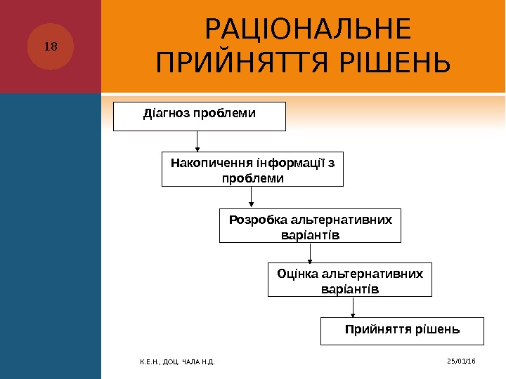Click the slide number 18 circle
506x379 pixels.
point(51,47)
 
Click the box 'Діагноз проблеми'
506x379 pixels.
point(200,117)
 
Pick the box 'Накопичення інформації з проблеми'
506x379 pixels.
point(252,170)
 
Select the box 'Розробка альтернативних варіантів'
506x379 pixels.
point(310,225)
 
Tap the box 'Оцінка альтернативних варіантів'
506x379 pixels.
point(350,280)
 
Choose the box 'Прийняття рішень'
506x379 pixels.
point(402,331)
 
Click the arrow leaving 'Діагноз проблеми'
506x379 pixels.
point(198,141)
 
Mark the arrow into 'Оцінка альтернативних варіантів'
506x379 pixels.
point(302,253)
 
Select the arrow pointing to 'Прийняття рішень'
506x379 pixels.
point(353,307)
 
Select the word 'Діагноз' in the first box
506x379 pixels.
point(163,112)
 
